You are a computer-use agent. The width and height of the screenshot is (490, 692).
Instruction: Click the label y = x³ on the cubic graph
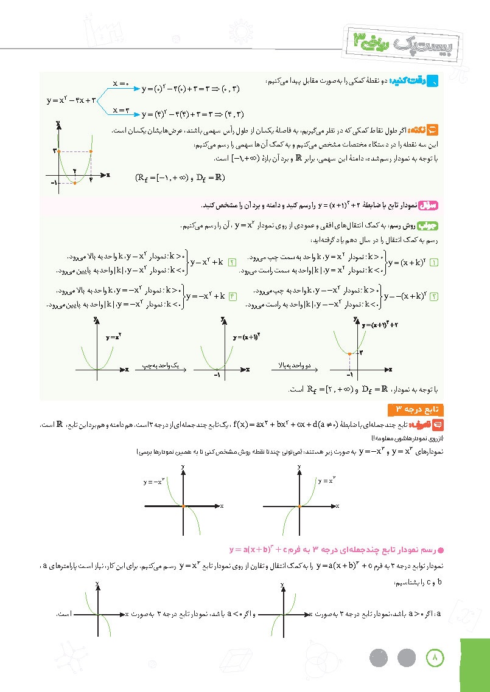point(326,480)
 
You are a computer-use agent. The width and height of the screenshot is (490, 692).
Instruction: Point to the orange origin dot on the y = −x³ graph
point(184,506)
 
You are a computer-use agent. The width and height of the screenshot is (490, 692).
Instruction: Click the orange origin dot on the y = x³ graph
point(299,506)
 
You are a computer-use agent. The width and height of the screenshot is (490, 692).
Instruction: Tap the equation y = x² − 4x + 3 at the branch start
point(72,101)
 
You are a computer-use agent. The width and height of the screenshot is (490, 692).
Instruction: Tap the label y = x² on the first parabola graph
point(113,336)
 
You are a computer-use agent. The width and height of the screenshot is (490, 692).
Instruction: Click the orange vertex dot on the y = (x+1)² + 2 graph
point(349,353)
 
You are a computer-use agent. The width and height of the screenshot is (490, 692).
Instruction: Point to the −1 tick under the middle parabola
point(216,376)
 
